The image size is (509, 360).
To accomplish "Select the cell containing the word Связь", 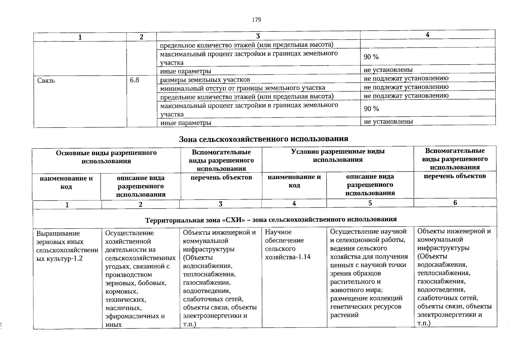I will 46,80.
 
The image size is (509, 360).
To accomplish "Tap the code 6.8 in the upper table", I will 134,80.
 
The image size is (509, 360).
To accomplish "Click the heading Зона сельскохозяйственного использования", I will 264,139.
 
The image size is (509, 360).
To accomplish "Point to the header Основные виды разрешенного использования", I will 106,157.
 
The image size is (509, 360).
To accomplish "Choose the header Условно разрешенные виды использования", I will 338,155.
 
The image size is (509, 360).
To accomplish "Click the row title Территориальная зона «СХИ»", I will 271,219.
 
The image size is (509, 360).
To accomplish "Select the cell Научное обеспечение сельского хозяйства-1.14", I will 288,244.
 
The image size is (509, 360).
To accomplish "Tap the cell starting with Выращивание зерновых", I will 67,246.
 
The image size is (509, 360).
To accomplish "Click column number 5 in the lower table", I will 370,203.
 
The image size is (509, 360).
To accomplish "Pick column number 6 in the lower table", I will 455,202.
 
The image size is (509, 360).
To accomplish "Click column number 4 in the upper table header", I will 427,35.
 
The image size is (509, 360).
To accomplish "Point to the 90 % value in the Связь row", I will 371,109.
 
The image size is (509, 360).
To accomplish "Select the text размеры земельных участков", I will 205,80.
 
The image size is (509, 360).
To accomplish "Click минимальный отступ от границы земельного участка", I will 242,88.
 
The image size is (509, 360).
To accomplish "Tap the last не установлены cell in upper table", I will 388,121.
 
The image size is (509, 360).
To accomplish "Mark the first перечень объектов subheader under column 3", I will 221,177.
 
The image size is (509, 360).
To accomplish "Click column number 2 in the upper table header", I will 141,37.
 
